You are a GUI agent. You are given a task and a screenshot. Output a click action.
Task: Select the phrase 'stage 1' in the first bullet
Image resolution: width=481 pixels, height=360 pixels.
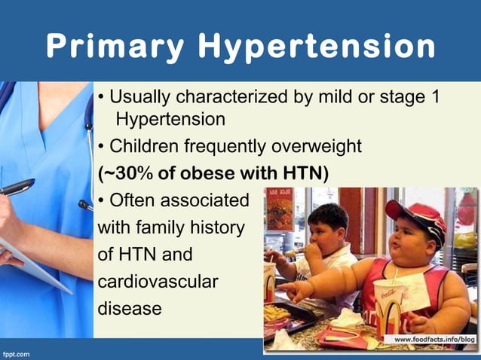pyautogui.click(x=410, y=98)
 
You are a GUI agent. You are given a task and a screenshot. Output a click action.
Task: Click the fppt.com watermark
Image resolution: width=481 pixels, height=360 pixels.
pyautogui.click(x=16, y=352)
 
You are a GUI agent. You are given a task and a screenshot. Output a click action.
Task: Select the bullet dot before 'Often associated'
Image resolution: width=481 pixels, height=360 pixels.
pyautogui.click(x=103, y=201)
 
